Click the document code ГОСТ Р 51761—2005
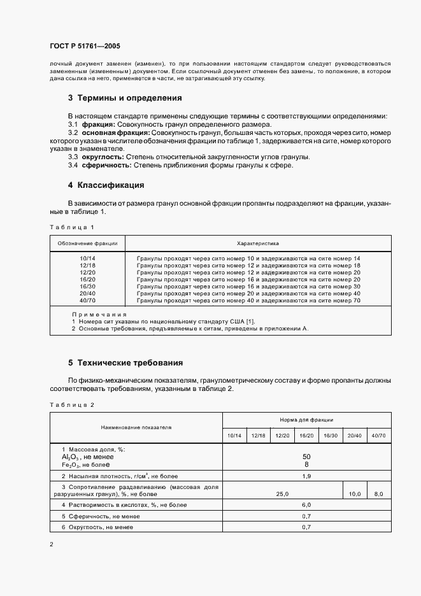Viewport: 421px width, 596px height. tap(85, 46)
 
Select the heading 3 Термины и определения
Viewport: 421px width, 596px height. tap(125, 98)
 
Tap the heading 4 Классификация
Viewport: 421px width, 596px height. tap(106, 185)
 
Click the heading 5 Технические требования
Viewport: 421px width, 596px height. tap(125, 363)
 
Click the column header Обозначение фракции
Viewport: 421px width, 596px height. tap(87, 243)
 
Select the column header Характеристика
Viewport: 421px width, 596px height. tap(257, 243)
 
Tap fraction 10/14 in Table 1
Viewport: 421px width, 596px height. tap(87, 258)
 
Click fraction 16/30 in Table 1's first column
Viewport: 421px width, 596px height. tap(87, 287)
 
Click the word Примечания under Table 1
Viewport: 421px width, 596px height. tap(99, 314)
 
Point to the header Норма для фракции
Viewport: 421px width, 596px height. tap(306, 420)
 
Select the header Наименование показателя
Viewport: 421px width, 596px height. tap(135, 427)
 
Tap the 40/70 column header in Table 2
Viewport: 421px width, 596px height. tap(378, 436)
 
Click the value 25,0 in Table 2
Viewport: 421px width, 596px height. tap(282, 493)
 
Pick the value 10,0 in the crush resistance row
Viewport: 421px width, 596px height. tap(355, 493)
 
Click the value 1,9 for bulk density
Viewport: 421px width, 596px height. tap(306, 476)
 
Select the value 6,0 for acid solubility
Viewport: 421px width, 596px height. tap(306, 504)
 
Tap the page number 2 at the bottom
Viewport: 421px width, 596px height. tap(52, 544)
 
